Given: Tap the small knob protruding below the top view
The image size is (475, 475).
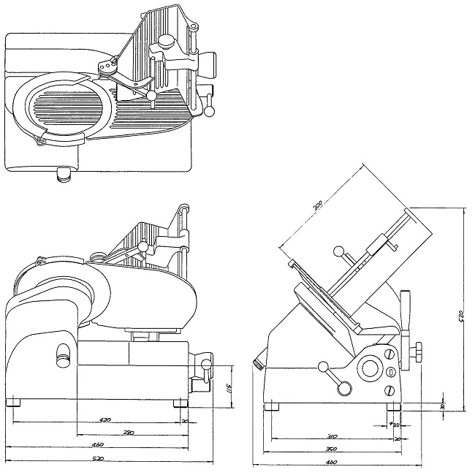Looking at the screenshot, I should pos(66,173).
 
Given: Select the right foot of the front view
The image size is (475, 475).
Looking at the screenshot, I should pos(180,403).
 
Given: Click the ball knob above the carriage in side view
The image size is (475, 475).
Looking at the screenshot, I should pos(338,251).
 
